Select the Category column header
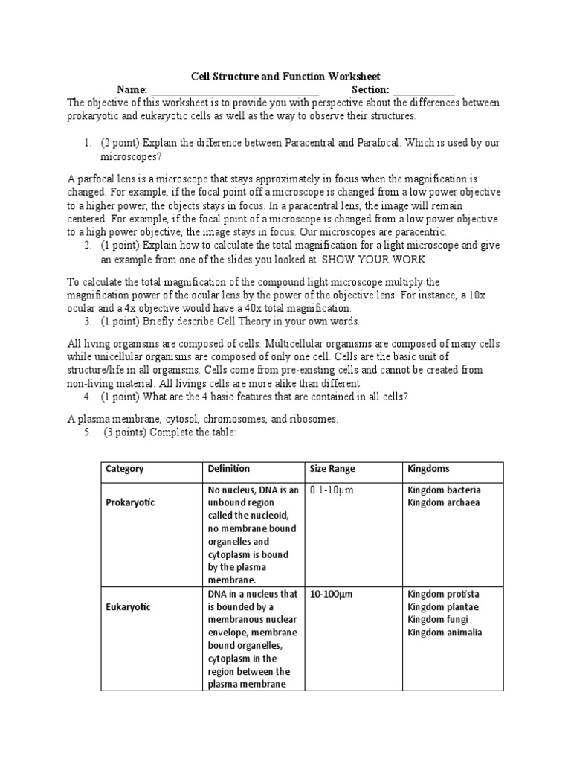125,469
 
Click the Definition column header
229,469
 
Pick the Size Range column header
332,469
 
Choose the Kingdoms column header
429,469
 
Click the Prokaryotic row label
131,502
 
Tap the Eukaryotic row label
128,607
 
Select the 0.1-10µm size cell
332,490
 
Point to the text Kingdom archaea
443,502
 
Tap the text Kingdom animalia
445,633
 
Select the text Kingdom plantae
443,607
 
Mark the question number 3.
87,321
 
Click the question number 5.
87,433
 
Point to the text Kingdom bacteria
444,490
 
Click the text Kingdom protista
443,595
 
